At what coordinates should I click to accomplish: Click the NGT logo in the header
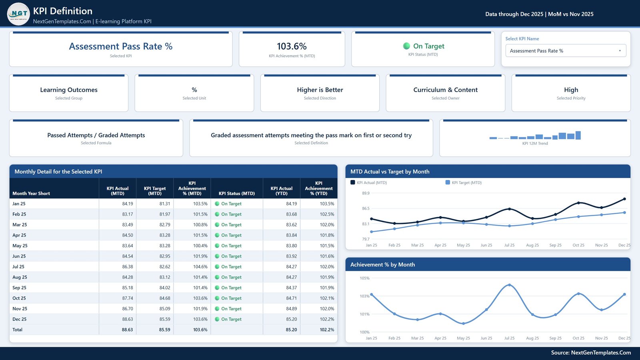coord(18,14)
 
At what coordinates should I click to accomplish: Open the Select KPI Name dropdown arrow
coord(620,51)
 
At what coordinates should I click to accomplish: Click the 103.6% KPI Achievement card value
coord(292,46)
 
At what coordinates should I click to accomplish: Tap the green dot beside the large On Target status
coord(406,46)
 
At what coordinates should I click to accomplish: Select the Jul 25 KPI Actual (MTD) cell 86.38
coord(128,266)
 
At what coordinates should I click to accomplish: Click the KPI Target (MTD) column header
coord(154,191)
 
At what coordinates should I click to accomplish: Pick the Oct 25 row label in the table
coord(19,298)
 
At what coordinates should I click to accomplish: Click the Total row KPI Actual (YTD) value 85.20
coord(291,330)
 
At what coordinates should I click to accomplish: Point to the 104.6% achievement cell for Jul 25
coord(200,266)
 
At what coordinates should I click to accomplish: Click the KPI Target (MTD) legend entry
coord(464,182)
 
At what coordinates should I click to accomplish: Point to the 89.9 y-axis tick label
coord(366,193)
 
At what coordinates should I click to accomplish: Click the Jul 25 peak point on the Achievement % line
coord(510,285)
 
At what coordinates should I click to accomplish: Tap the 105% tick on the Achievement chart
coord(364,278)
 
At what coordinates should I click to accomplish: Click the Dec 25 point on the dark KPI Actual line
coord(624,199)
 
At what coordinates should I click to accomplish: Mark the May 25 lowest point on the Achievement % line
coord(464,324)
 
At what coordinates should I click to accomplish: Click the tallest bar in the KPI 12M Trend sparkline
coord(578,135)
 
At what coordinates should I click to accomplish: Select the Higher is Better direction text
coord(320,90)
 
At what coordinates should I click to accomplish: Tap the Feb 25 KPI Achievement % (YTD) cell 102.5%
coord(327,214)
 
